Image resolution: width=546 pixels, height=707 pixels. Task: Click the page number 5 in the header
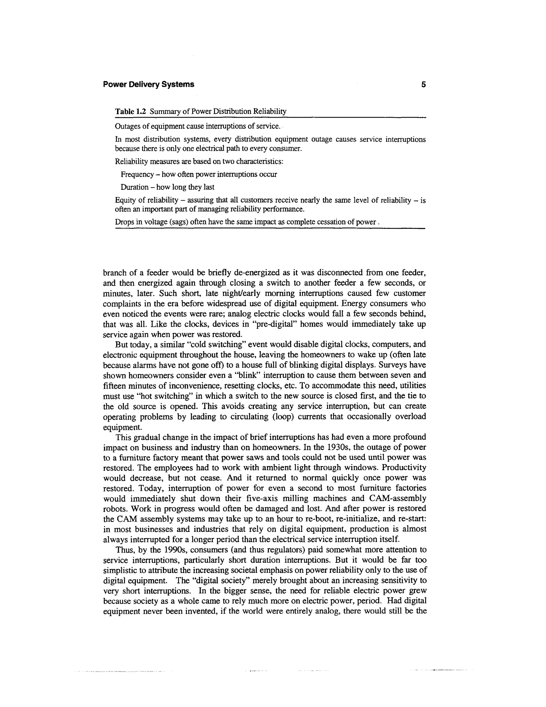[x=423, y=85]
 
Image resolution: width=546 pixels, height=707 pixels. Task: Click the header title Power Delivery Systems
[x=148, y=85]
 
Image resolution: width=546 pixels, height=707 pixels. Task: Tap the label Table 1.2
[x=131, y=112]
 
